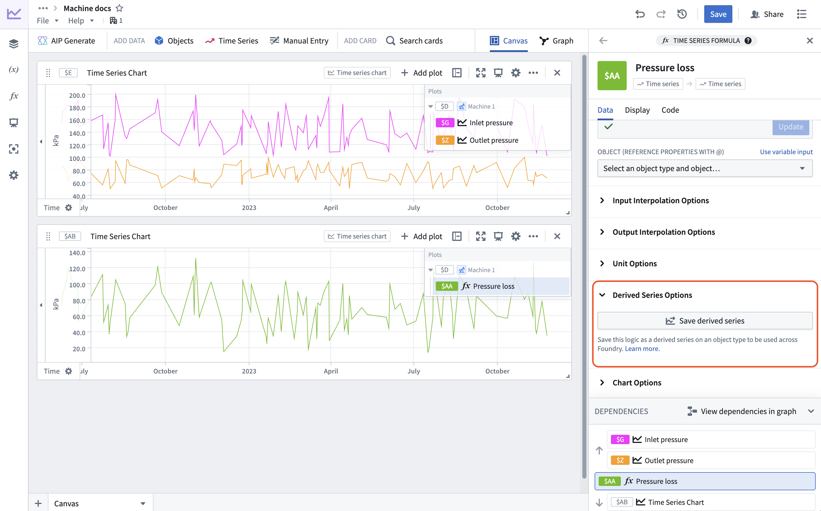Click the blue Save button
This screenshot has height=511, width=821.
click(x=718, y=14)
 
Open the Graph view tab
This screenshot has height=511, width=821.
click(x=556, y=41)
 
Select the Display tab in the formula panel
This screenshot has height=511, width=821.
click(x=637, y=110)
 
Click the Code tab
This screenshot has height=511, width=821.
click(x=670, y=110)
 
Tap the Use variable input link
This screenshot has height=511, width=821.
click(x=786, y=152)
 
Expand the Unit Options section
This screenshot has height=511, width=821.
click(x=634, y=264)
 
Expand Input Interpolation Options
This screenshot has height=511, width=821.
click(x=660, y=200)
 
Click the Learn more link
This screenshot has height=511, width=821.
click(x=642, y=349)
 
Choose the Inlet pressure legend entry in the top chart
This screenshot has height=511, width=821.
click(x=491, y=123)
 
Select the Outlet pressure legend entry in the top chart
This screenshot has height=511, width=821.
click(x=494, y=140)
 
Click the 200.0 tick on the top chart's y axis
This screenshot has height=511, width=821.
click(x=77, y=95)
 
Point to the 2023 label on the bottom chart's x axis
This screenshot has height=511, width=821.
click(x=249, y=371)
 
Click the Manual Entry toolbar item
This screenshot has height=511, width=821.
click(x=299, y=41)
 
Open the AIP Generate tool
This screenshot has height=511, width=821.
click(x=67, y=41)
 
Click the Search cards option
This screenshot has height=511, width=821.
click(x=415, y=41)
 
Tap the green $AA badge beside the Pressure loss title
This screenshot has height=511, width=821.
click(x=612, y=75)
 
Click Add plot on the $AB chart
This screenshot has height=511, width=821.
click(x=422, y=236)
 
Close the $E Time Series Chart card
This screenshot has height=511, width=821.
click(x=557, y=73)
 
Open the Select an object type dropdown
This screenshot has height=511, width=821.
click(x=705, y=168)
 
